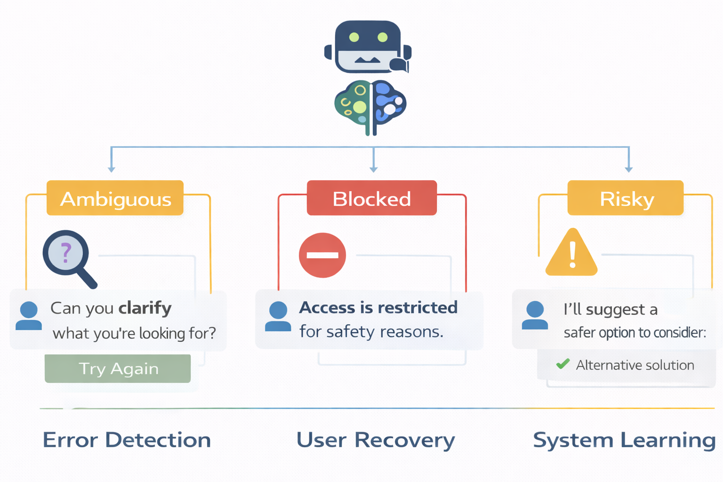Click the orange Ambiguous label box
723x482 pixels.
tap(115, 198)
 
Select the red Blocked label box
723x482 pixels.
tap(371, 198)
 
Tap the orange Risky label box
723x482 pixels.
tap(625, 198)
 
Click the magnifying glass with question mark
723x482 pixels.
tap(68, 257)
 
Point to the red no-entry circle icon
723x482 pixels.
tap(322, 255)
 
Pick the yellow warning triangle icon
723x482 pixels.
tap(571, 254)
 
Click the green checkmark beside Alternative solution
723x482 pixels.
tap(563, 364)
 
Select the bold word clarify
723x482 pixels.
tap(145, 308)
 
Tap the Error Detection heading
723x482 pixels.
tap(127, 440)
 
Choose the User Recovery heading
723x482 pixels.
tap(375, 440)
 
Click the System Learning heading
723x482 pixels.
tap(624, 440)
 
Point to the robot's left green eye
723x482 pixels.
tap(354, 37)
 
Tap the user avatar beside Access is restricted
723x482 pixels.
tap(278, 316)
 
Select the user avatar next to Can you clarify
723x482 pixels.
tap(29, 315)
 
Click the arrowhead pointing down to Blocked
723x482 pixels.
tap(373, 169)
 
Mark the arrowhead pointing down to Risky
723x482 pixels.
tap(628, 169)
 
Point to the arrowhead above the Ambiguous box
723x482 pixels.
tap(112, 169)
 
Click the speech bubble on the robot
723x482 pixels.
tap(400, 65)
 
